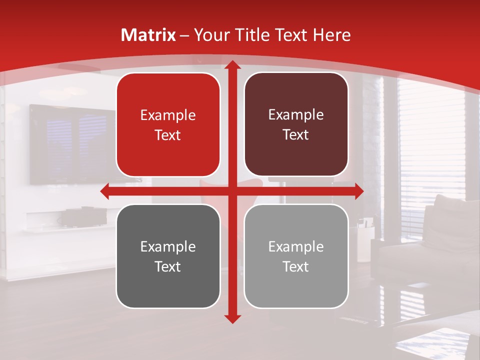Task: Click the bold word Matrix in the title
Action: coord(148,35)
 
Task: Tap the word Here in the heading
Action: coord(331,35)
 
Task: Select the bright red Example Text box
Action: coord(168,125)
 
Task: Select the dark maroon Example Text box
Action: coord(296,124)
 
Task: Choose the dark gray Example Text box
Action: coord(168,256)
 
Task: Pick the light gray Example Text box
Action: coord(296,256)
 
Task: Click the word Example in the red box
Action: coord(168,115)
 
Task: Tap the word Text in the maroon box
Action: coord(296,135)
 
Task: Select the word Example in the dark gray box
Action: coord(168,246)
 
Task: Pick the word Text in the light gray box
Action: coord(296,266)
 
